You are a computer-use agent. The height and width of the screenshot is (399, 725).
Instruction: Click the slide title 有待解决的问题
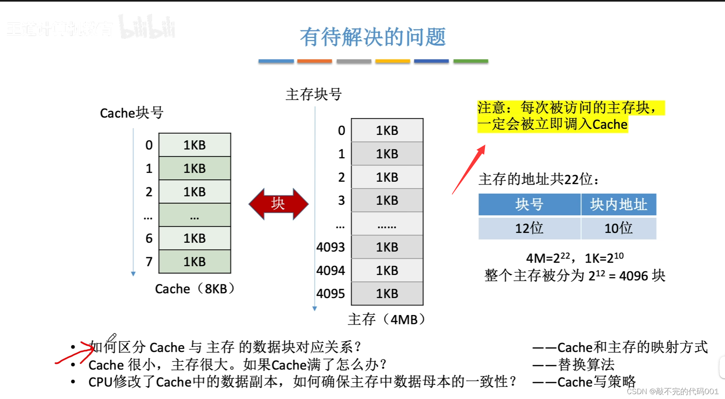pyautogui.click(x=373, y=37)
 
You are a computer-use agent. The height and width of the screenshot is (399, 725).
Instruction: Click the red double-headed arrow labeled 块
pyautogui.click(x=278, y=204)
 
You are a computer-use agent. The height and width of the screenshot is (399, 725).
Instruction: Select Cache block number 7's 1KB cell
pyautogui.click(x=194, y=262)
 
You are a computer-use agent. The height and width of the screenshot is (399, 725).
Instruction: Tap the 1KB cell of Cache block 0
pyautogui.click(x=194, y=145)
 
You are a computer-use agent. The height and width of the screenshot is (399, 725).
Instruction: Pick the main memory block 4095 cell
pyautogui.click(x=387, y=294)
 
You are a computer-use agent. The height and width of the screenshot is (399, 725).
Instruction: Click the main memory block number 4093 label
pyautogui.click(x=331, y=247)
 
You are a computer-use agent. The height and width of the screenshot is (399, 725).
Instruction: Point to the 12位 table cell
pyautogui.click(x=529, y=229)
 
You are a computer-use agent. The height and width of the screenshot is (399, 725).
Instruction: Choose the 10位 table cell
pyautogui.click(x=618, y=229)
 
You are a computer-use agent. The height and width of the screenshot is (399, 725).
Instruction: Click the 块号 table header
pyautogui.click(x=529, y=205)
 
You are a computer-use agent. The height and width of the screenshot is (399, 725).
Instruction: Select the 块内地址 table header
pyautogui.click(x=618, y=205)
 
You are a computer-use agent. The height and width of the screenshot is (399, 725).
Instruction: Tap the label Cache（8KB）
pyautogui.click(x=195, y=289)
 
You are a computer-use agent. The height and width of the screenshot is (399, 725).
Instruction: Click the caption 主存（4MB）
pyautogui.click(x=387, y=319)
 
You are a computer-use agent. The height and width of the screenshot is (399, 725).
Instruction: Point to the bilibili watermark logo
pyautogui.click(x=147, y=27)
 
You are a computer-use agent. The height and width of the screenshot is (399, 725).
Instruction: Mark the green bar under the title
pyautogui.click(x=470, y=61)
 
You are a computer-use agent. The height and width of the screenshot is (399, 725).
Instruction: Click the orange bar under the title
pyautogui.click(x=314, y=61)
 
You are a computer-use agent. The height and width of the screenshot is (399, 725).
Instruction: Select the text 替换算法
pyautogui.click(x=586, y=365)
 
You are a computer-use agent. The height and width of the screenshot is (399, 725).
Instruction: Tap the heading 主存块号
pyautogui.click(x=314, y=94)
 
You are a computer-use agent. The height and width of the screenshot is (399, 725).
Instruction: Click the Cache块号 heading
pyautogui.click(x=132, y=113)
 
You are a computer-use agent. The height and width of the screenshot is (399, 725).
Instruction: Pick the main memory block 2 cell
pyautogui.click(x=387, y=177)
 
